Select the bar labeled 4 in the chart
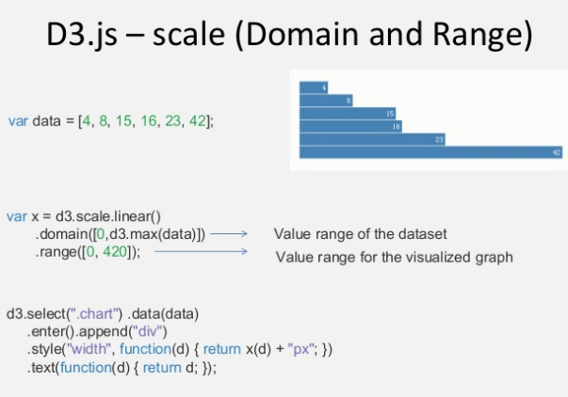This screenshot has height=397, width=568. click(313, 87)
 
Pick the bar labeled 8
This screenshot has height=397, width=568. click(326, 100)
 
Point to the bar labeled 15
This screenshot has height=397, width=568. click(348, 113)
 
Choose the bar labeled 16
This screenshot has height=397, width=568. click(350, 125)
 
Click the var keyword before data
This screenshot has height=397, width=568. click(17, 120)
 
